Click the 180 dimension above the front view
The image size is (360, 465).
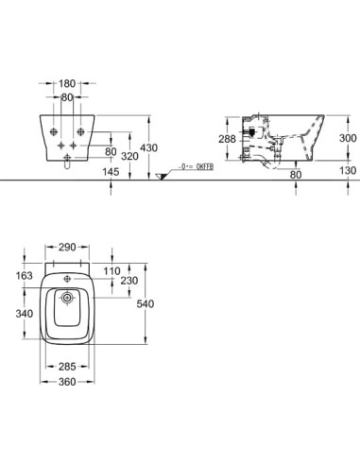pyautogui.click(x=67, y=83)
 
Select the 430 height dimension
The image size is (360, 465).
pyautogui.click(x=149, y=147)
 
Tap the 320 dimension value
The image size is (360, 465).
pyautogui.click(x=129, y=156)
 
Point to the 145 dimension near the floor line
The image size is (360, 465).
pyautogui.click(x=111, y=172)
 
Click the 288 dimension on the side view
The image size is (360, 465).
pyautogui.click(x=227, y=139)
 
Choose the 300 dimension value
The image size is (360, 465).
pyautogui.click(x=348, y=138)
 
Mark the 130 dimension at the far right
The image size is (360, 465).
pyautogui.click(x=348, y=170)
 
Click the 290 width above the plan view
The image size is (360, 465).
pyautogui.click(x=67, y=248)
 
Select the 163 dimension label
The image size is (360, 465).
pyautogui.click(x=25, y=276)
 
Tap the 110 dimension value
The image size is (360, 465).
pyautogui.click(x=112, y=271)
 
